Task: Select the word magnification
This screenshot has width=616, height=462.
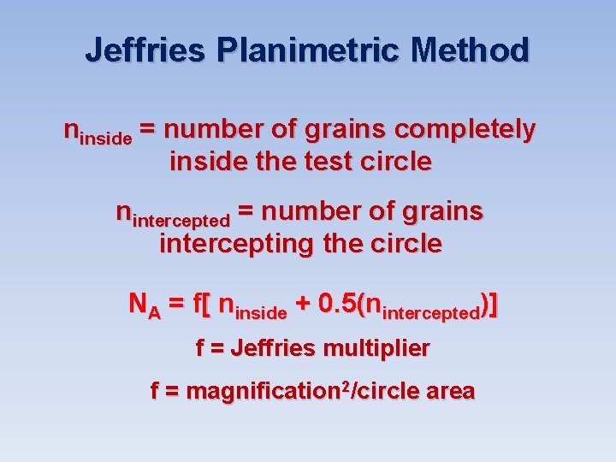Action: click(x=261, y=392)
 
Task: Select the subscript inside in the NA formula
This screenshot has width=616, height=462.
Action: click(x=262, y=313)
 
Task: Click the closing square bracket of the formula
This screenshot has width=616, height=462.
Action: click(x=494, y=305)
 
